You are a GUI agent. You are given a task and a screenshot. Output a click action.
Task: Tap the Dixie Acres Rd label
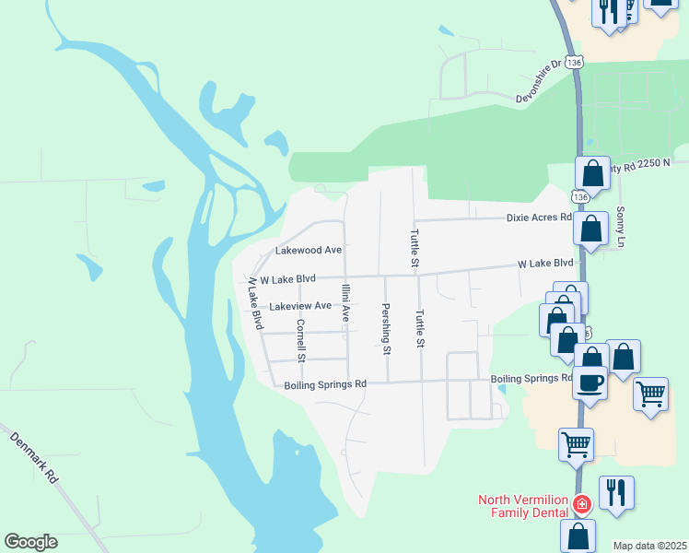point(539,218)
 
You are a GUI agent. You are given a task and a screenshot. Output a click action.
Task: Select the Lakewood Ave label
point(309,250)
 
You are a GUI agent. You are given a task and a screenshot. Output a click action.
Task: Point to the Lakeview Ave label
point(300,305)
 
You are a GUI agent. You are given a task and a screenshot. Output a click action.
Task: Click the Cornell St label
point(299,339)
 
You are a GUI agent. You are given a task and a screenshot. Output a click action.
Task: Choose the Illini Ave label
point(345,302)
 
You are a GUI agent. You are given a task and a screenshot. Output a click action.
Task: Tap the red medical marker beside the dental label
point(581,504)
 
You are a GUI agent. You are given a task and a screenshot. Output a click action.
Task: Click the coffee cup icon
point(590,382)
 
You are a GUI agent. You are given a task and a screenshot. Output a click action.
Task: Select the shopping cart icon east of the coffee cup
point(650,394)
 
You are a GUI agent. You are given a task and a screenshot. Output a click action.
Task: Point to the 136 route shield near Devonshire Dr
point(575,62)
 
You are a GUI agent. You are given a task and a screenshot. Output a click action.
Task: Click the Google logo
point(30,542)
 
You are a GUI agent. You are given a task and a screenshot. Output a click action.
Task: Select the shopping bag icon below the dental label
point(578,535)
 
